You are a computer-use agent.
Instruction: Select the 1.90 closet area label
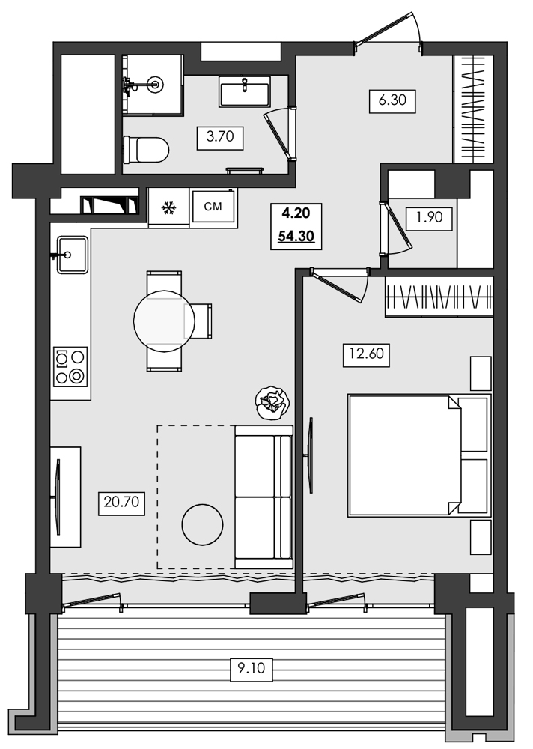[x=430, y=219]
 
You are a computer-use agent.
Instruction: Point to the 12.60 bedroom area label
[x=366, y=354]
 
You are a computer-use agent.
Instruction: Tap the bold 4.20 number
[x=296, y=214]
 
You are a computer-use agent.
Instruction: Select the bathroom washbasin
[x=244, y=94]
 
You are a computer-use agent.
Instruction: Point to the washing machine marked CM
[x=213, y=206]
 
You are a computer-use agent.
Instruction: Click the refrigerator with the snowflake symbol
[x=169, y=207]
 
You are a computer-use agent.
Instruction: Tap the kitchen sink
[x=71, y=255]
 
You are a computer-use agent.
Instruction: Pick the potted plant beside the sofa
[x=270, y=401]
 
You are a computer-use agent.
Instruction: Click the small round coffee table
[x=202, y=524]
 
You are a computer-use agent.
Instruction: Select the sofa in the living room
[x=263, y=497]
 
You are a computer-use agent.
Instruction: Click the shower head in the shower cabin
[x=156, y=85]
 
